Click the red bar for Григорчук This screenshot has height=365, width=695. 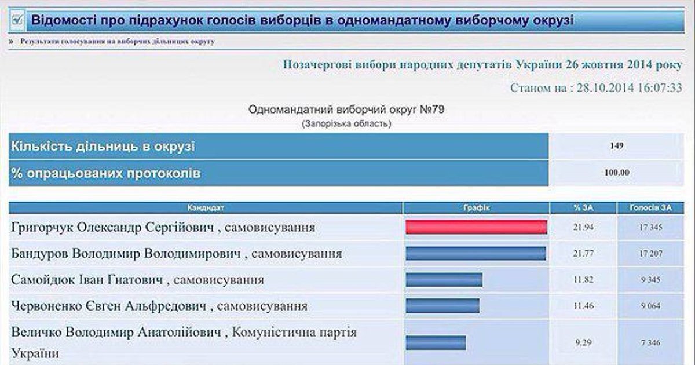click(476, 227)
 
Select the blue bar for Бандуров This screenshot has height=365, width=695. click(475, 254)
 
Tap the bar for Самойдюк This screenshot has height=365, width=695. click(444, 280)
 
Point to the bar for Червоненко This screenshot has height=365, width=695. click(442, 306)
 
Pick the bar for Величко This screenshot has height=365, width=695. click(436, 342)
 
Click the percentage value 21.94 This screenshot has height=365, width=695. click(583, 227)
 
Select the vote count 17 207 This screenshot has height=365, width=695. click(650, 254)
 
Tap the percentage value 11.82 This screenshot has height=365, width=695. click(583, 280)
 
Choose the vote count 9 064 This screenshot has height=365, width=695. click(650, 306)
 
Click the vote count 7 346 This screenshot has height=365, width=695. click(650, 342)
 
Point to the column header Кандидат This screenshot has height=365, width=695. click(206, 207)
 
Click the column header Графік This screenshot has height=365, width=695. click(476, 207)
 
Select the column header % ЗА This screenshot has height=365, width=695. click(583, 207)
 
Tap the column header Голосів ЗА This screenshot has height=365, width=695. click(650, 207)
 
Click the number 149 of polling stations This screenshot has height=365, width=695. click(616, 146)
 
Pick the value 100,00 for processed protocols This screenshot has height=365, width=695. click(617, 173)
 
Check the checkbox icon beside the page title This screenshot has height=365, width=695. click(17, 20)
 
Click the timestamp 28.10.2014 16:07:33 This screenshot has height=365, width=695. click(629, 88)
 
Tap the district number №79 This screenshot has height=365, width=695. click(432, 110)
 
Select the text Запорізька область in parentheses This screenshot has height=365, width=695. click(346, 124)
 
